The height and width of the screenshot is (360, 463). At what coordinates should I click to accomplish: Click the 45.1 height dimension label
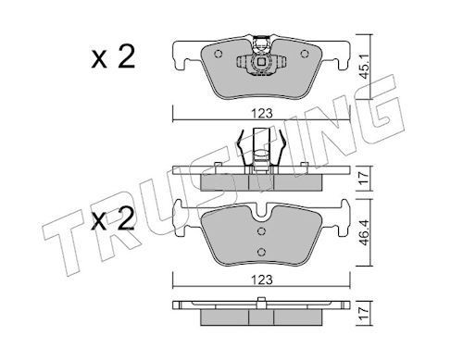point(365,68)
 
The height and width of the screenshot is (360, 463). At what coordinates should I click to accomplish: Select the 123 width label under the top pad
point(262,114)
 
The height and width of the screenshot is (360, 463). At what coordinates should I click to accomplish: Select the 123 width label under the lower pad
point(262,279)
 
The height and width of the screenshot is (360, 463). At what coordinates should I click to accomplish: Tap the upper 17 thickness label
point(365,178)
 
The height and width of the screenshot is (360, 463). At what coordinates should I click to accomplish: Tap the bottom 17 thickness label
point(365,314)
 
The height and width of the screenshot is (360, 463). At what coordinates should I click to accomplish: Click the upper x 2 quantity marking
point(113,56)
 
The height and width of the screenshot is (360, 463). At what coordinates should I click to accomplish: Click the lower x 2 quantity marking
point(113,218)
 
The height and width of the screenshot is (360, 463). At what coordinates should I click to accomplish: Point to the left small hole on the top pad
point(219,54)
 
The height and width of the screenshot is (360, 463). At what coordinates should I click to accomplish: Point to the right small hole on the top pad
point(305,54)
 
